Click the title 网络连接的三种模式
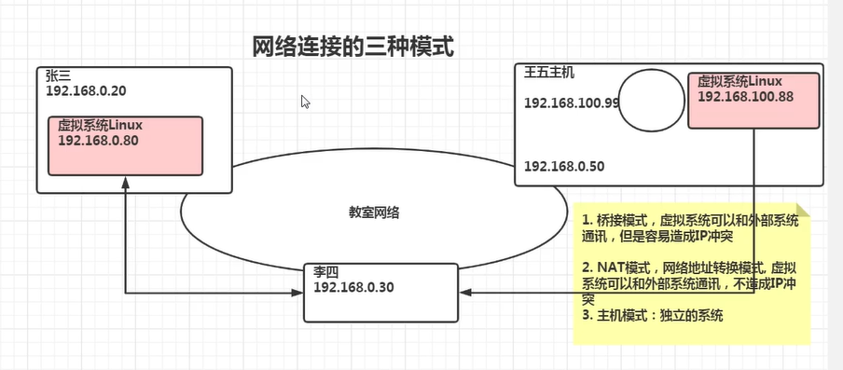tap(353, 46)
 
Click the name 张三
tap(58, 76)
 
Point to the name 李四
tap(325, 271)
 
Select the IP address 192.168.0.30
tap(353, 286)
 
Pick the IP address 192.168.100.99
tap(572, 103)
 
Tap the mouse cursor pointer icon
tap(305, 102)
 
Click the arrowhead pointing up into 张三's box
tap(125, 186)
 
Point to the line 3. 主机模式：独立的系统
tap(653, 316)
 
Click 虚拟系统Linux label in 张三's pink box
tap(100, 124)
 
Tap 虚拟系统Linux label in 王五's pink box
tap(739, 82)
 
